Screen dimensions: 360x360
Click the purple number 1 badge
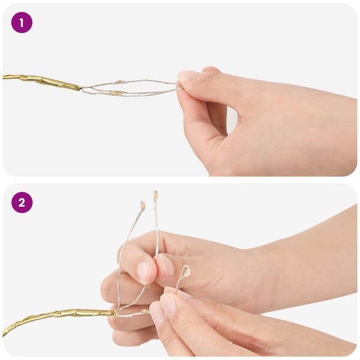[x=22, y=23]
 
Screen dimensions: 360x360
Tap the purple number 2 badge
[x=22, y=203]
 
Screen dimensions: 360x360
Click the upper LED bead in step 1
[x=119, y=82]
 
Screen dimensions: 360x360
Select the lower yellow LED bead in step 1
[x=115, y=93]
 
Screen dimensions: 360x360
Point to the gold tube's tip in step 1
[x=80, y=88]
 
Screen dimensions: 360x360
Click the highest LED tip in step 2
[x=155, y=194]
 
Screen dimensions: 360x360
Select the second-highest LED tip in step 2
[x=143, y=205]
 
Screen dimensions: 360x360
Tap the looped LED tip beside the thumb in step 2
[x=187, y=271]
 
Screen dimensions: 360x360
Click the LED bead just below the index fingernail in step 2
[x=147, y=286]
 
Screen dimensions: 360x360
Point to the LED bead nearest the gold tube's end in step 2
[x=145, y=311]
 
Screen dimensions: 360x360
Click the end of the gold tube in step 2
[x=114, y=313]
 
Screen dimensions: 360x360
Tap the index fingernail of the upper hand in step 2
[x=144, y=271]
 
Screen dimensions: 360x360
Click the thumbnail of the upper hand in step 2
[x=166, y=265]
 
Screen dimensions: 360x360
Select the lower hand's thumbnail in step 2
[x=168, y=304]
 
